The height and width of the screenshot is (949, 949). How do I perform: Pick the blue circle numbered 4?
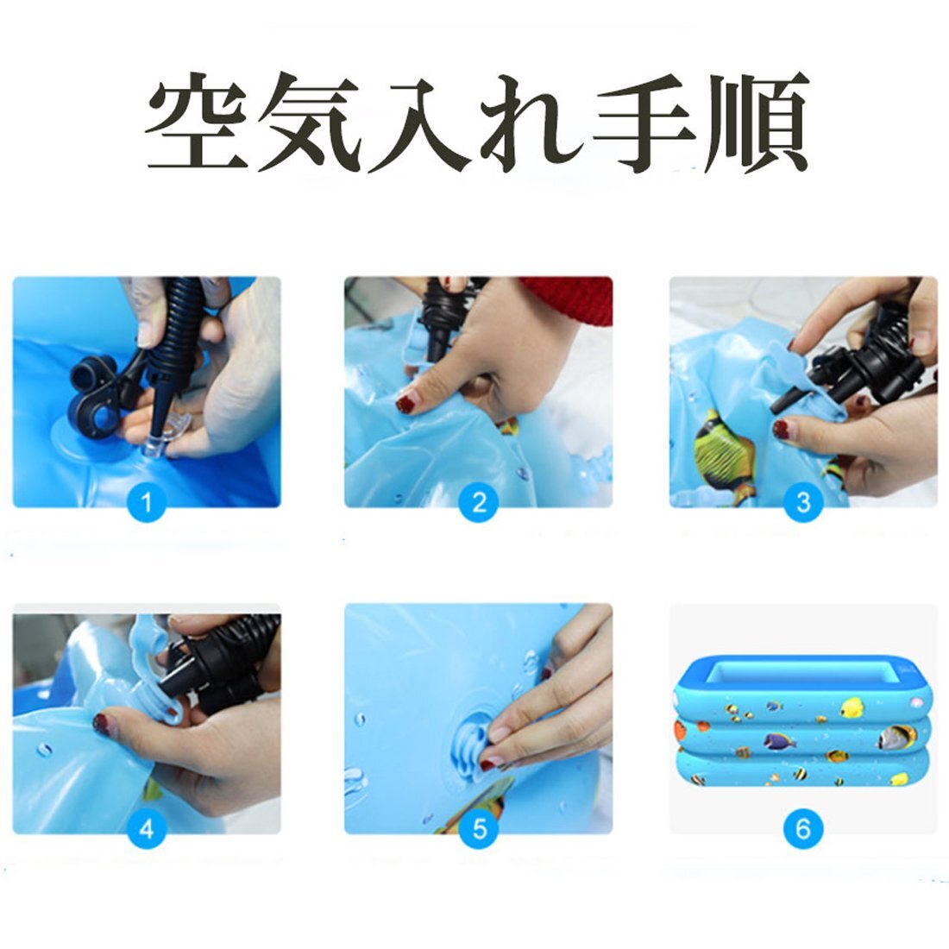click(x=146, y=830)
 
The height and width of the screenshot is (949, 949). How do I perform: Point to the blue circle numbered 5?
click(x=479, y=830)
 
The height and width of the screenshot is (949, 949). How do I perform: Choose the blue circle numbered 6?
click(x=803, y=830)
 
